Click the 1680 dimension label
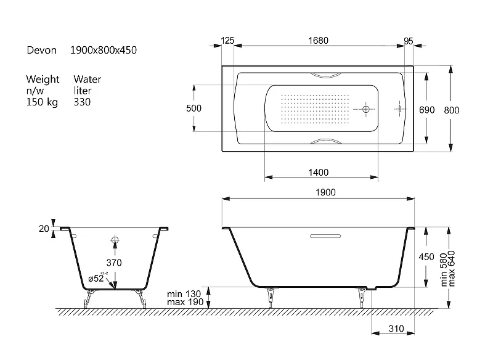tap(318, 41)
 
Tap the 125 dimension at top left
tap(227, 41)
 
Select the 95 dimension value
tap(408, 41)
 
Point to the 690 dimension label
tap(426, 110)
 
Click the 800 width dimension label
tap(452, 110)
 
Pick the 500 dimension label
tap(194, 108)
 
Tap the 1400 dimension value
tap(318, 173)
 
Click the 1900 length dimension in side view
tap(325, 192)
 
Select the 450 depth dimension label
tap(426, 257)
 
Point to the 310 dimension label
tap(396, 329)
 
